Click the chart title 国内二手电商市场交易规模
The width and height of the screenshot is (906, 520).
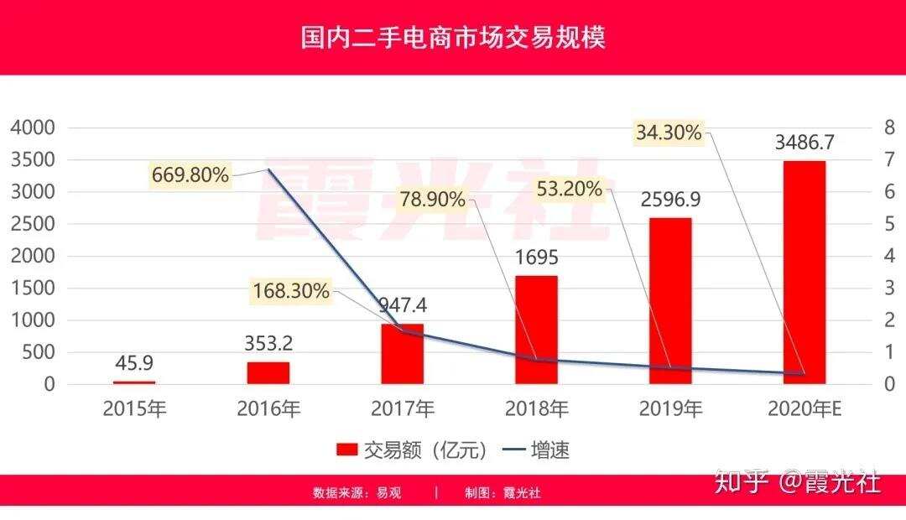[453, 38]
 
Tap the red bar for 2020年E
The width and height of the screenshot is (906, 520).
[804, 272]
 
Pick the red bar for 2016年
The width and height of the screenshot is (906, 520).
[268, 372]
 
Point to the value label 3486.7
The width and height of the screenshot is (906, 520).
[804, 141]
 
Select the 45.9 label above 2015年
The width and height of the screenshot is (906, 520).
[134, 364]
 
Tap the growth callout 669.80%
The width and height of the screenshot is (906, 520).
[190, 174]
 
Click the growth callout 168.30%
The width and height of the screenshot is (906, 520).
[291, 291]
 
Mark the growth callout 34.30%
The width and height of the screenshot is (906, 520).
[668, 133]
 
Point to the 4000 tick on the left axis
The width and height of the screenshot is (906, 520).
[32, 128]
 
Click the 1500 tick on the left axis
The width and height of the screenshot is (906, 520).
[32, 289]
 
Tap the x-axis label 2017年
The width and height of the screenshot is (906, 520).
[403, 409]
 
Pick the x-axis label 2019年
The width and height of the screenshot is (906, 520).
[670, 409]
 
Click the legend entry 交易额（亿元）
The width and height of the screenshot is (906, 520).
[412, 450]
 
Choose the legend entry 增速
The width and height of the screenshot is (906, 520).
[537, 450]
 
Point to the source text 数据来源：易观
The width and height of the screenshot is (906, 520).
[357, 493]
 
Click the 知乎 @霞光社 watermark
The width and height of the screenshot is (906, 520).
[796, 482]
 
